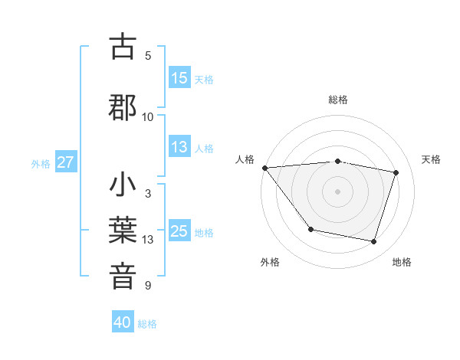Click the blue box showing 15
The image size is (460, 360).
coord(179,78)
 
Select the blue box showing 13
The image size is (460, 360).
coord(179,148)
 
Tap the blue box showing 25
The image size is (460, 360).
coord(179,231)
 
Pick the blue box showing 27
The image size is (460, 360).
coord(66,162)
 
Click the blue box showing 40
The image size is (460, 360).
coord(123,322)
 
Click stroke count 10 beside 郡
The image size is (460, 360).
coord(148,116)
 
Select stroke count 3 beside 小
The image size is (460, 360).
coord(148,194)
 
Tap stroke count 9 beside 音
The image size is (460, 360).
coord(148,286)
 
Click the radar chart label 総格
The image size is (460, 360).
coord(338,100)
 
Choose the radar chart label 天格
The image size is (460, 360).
coord(431,159)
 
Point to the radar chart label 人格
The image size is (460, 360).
coord(245,159)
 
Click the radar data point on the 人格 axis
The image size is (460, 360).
coord(264,168)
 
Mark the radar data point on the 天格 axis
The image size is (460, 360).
coord(396,172)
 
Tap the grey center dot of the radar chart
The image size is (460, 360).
coord(338,191)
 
